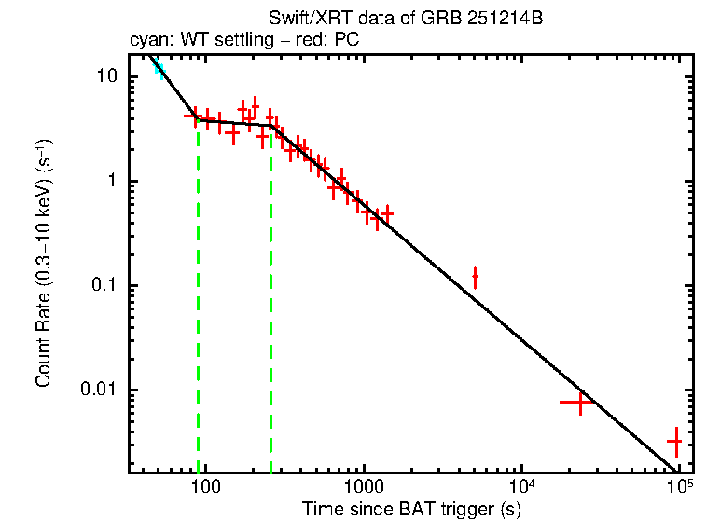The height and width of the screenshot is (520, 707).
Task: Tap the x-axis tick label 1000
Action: [x=364, y=486]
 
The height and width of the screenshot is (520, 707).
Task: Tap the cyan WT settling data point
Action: [x=159, y=68]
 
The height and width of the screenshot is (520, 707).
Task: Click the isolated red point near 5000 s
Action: [x=476, y=277]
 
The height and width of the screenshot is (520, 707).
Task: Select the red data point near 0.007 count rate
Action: [x=579, y=403]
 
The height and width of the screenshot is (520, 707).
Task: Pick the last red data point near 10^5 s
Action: [x=674, y=441]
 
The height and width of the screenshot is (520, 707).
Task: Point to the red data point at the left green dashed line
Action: [x=196, y=117]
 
